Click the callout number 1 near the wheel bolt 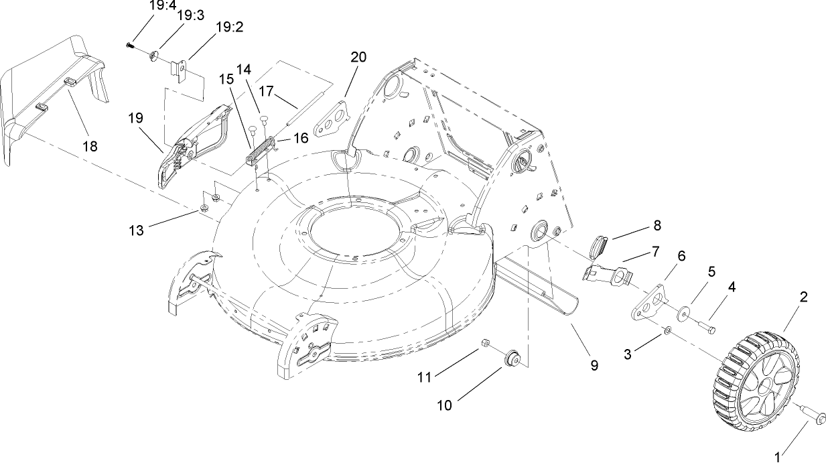tap(778, 458)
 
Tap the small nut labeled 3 tap(667, 330)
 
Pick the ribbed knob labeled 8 tap(598, 247)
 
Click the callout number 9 tap(594, 365)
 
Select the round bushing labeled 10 tap(514, 357)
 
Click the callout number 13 tap(137, 230)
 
